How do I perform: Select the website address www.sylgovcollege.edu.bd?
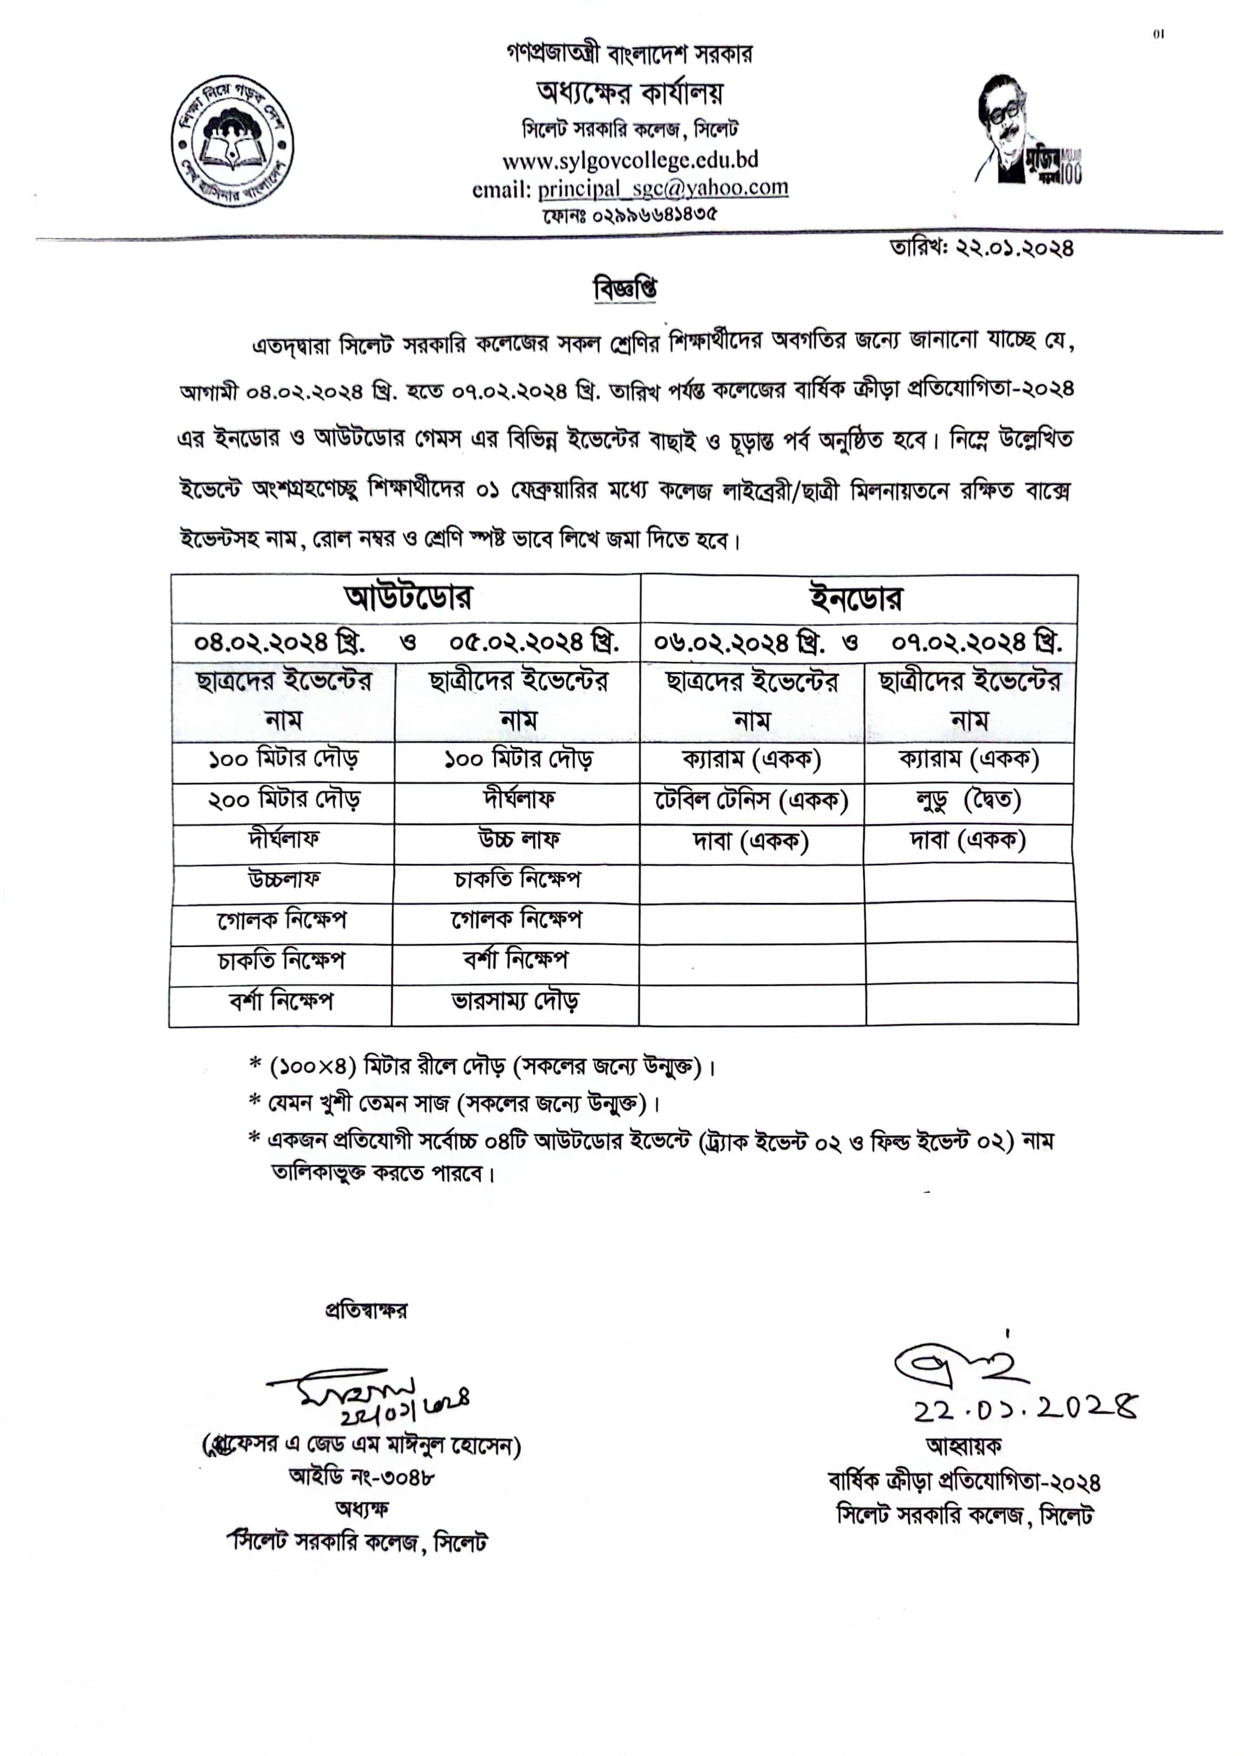tap(630, 160)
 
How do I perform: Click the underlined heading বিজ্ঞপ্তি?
tap(625, 290)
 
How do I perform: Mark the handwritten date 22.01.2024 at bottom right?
tap(1025, 1408)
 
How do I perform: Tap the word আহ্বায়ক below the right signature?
tap(964, 1446)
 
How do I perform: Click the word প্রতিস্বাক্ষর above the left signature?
tap(366, 1310)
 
